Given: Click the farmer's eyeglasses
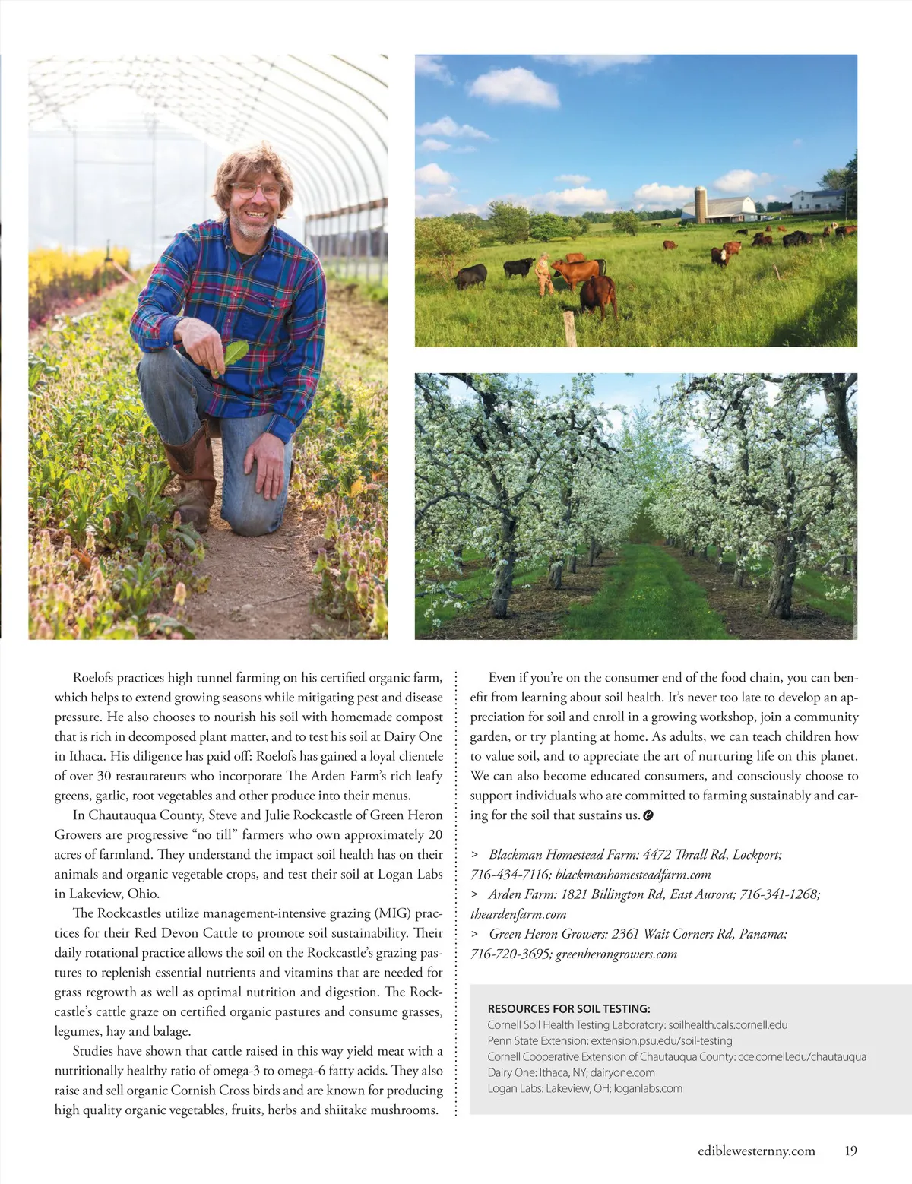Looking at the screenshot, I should pyautogui.click(x=255, y=190).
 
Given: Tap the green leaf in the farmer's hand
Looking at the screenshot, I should pyautogui.click(x=233, y=355).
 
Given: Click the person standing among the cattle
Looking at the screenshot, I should pyautogui.click(x=543, y=275).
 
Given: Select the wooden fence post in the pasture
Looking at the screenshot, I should pyautogui.click(x=568, y=328).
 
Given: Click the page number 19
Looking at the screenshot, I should pyautogui.click(x=850, y=1151).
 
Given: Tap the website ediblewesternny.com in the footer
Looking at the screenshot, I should pyautogui.click(x=756, y=1151).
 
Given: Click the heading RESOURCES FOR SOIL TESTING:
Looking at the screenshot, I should pyautogui.click(x=568, y=1008).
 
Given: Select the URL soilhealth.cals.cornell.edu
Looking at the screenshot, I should pyautogui.click(x=728, y=1024).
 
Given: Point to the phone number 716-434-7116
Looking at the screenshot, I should pyautogui.click(x=510, y=875).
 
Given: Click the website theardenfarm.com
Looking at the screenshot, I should pyautogui.click(x=518, y=914).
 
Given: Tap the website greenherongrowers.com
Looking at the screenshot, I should pyautogui.click(x=616, y=954).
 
